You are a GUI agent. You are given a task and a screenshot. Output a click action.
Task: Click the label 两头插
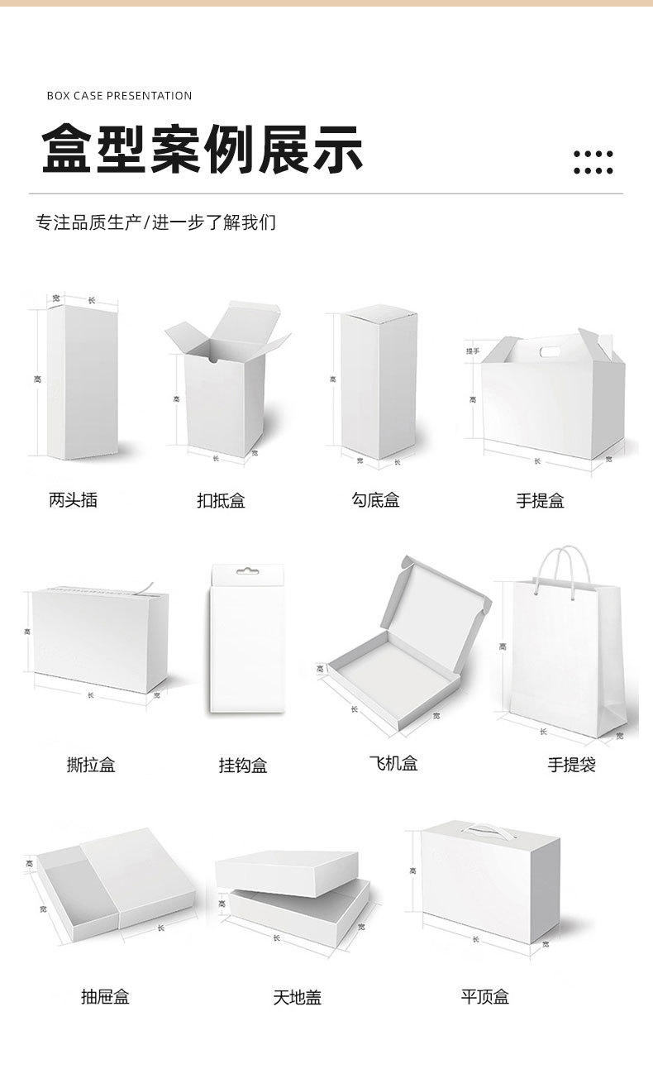(x=73, y=500)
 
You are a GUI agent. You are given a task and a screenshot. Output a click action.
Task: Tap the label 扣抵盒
(x=221, y=501)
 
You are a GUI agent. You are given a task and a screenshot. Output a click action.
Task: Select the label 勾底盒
(x=375, y=500)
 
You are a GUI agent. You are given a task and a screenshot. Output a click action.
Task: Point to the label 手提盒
(x=540, y=501)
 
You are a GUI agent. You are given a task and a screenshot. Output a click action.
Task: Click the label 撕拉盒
(x=91, y=766)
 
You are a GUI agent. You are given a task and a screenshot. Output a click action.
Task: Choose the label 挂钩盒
(x=243, y=766)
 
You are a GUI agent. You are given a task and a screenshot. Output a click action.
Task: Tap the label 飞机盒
(x=393, y=764)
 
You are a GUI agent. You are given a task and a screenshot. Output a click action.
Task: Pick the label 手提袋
(x=571, y=766)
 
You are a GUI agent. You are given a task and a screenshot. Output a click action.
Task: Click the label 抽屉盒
(x=105, y=997)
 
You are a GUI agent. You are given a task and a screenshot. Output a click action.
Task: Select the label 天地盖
(x=298, y=998)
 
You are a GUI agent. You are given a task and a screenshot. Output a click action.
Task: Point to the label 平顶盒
(x=485, y=997)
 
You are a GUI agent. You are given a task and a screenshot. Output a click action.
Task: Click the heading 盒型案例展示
(x=203, y=150)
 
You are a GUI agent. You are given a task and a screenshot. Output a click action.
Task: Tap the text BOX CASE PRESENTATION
(x=119, y=96)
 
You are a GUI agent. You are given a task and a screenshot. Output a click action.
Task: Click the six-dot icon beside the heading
(x=593, y=162)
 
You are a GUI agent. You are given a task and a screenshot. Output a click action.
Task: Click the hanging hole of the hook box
(x=242, y=571)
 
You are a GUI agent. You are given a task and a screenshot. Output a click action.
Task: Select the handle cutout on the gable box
(x=549, y=353)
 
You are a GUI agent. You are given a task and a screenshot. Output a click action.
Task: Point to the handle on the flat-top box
(x=487, y=828)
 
